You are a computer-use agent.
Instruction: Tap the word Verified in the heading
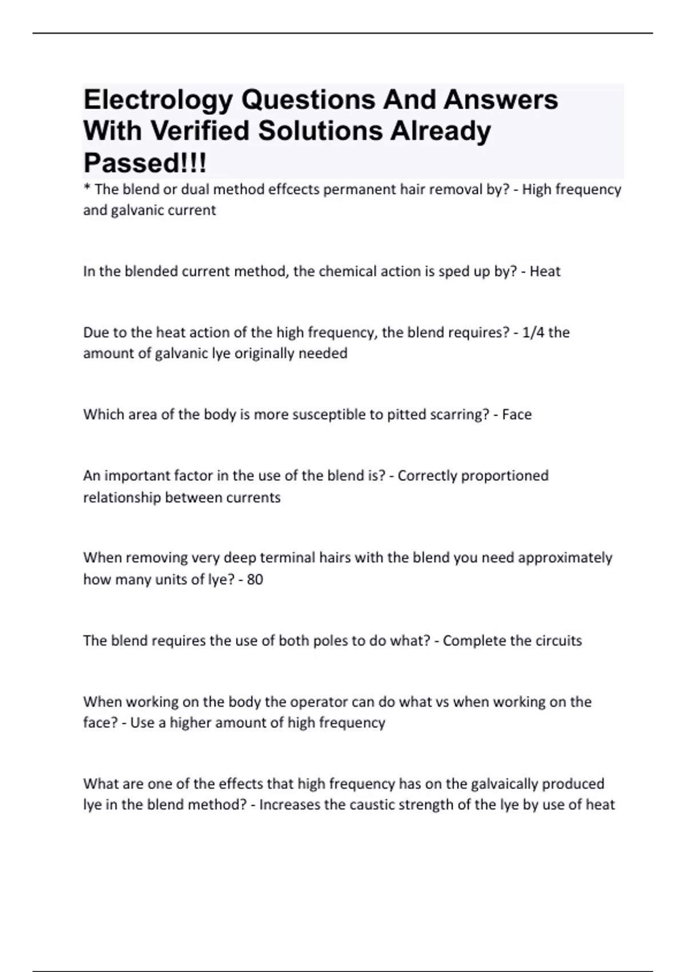tap(200, 131)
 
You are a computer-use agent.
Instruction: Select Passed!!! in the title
tap(145, 163)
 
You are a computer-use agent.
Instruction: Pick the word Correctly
tap(427, 476)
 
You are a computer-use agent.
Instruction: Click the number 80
tap(255, 579)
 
